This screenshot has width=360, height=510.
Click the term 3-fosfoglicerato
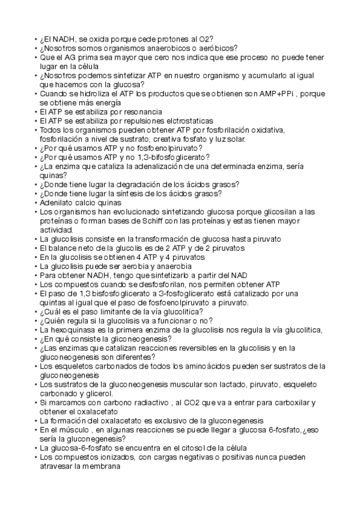click(206, 293)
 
